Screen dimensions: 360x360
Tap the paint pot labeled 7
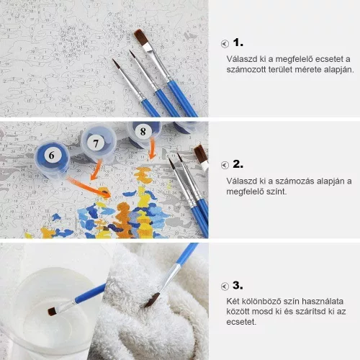point(99,144)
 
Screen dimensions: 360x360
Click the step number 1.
point(238,43)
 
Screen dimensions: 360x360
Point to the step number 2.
point(238,164)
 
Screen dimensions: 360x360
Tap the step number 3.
point(238,286)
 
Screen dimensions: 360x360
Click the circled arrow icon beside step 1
point(225,44)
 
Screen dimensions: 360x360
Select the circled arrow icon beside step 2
point(225,165)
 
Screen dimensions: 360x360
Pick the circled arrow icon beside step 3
point(225,287)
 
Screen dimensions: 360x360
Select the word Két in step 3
point(233,301)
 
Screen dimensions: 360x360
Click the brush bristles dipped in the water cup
point(53,311)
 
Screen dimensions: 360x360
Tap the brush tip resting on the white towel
point(152,300)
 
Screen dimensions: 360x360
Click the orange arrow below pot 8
point(152,148)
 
